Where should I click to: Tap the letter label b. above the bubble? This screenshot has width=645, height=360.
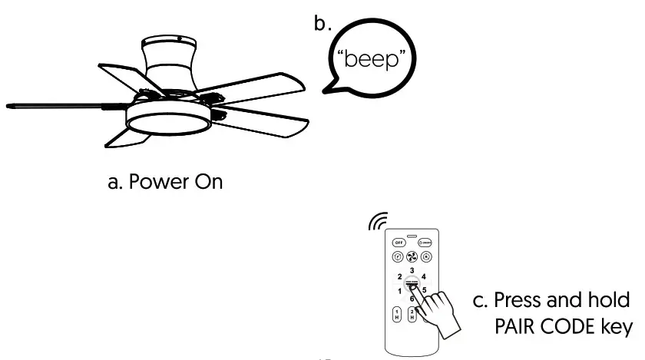point(322,23)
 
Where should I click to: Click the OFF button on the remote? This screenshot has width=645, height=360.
point(399,242)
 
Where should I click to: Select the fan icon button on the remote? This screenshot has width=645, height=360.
point(412,256)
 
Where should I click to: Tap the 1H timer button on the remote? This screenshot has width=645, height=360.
point(397,314)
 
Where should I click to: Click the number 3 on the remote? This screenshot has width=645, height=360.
point(412,270)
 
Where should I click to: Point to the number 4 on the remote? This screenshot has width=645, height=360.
point(424,276)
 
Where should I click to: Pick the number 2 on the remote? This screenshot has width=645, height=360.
point(399,277)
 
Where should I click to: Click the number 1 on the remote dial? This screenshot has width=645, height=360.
point(399,291)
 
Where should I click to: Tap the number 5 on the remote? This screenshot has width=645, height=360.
point(425,289)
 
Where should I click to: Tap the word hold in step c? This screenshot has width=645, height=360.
point(610,299)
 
